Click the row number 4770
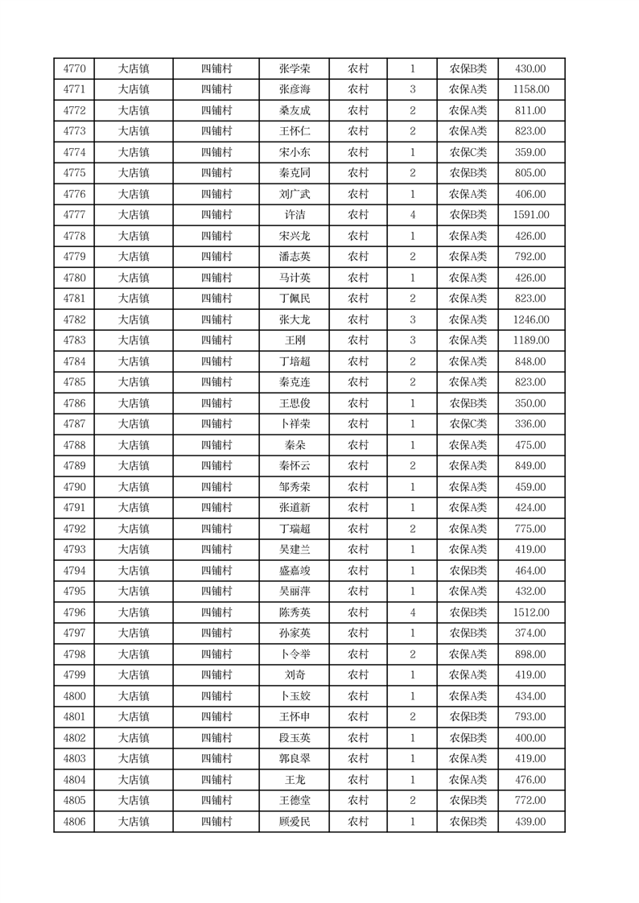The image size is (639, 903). point(74,68)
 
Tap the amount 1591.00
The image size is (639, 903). point(530,215)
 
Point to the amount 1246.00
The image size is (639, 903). point(530,320)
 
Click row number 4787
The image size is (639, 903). point(74,424)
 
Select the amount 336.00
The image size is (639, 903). point(530,424)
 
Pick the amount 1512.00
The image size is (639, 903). point(530,612)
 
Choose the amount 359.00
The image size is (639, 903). point(530,152)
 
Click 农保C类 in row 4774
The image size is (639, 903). point(468,152)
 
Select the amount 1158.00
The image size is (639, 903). point(530,89)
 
